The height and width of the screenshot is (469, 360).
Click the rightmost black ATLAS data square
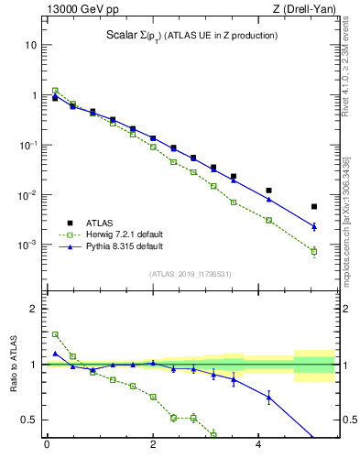pos(314,207)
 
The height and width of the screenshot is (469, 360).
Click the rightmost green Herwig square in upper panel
pos(314,251)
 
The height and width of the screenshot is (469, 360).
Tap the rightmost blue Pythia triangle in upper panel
pos(314,225)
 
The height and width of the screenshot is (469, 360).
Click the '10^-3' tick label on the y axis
pos(27,245)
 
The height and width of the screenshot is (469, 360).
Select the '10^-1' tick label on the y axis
pos(27,146)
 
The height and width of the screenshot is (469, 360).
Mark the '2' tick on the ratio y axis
pos(34,309)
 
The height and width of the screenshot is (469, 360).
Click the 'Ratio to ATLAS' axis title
pos(12,365)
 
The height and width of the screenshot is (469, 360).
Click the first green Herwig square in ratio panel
pos(55,334)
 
